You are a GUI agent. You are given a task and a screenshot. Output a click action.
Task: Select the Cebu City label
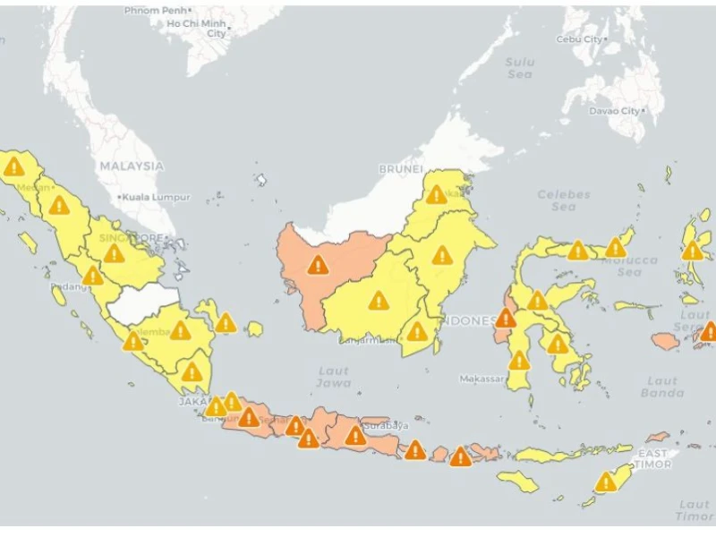[581, 39]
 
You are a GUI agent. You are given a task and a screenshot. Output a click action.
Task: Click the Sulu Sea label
[519, 68]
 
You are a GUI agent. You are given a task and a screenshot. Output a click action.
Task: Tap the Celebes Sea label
[564, 200]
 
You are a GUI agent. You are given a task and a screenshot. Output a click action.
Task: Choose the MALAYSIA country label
[132, 166]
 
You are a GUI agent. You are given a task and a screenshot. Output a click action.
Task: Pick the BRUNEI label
[400, 168]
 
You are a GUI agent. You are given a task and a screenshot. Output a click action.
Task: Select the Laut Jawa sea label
[333, 377]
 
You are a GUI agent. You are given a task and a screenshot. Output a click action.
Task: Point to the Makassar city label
[482, 379]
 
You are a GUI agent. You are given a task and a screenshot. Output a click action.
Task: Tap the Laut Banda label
[662, 387]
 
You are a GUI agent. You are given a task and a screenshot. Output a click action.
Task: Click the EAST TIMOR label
[652, 459]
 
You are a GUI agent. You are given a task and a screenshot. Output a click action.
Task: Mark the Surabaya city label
[386, 425]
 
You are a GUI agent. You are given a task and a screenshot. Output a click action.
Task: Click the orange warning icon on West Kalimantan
[318, 264]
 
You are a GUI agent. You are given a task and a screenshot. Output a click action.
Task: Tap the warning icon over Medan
[13, 166]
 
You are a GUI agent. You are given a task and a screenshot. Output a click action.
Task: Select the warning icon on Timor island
[607, 482]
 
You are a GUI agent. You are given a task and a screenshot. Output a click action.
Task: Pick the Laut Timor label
[694, 510]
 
